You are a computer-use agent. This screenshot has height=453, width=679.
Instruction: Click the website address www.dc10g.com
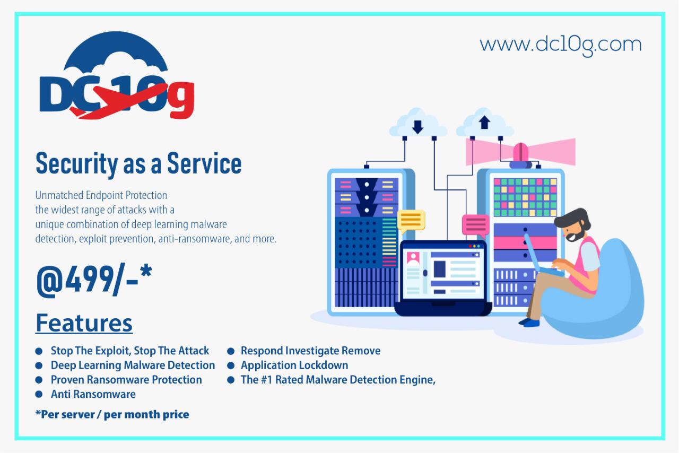[561, 46]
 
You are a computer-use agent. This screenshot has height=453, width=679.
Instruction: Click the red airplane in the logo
[118, 101]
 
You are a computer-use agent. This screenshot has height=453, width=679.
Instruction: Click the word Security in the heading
[76, 164]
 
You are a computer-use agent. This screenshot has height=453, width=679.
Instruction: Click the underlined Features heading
[84, 323]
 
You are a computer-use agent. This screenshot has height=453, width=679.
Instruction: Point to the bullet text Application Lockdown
[294, 365]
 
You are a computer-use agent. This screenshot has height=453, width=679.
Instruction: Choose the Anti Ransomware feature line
[93, 394]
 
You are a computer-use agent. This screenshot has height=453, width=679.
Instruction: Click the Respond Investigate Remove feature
[310, 351]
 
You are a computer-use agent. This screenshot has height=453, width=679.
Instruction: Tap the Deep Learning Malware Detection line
[133, 365]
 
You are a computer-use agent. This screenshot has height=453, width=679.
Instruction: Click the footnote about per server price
[112, 414]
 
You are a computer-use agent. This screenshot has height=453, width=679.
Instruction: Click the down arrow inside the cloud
[417, 127]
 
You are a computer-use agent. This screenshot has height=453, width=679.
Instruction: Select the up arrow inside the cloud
[484, 122]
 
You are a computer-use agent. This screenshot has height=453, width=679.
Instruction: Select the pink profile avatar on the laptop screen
[413, 258]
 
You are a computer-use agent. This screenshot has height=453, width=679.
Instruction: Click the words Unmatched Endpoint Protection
[101, 195]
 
